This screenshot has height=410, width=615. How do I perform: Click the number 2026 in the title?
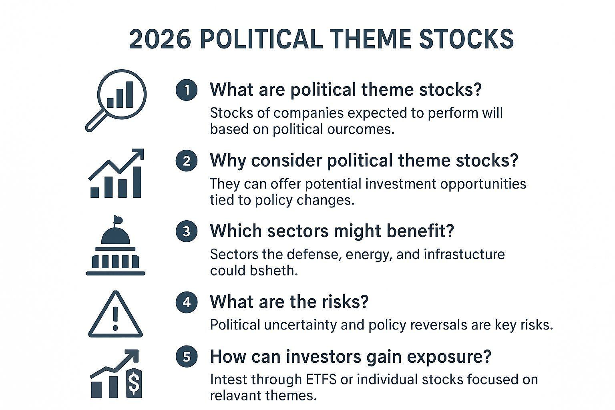coord(160,39)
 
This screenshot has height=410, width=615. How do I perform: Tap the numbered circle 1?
coord(187,90)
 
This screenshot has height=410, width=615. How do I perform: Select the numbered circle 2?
coord(187,161)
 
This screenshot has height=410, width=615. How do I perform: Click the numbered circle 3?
coord(187,231)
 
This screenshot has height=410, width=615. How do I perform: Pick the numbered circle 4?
coord(187,302)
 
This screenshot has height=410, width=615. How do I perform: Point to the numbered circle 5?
coord(187,356)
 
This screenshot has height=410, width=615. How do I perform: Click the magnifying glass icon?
coord(116,100)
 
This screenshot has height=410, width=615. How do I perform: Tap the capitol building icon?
coord(116,245)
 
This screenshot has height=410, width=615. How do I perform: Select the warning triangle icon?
coord(116,314)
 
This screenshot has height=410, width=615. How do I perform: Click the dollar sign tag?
coord(134,383)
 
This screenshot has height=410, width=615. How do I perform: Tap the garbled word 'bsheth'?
coord(273,271)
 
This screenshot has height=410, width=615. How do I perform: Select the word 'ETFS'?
coord(321,380)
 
